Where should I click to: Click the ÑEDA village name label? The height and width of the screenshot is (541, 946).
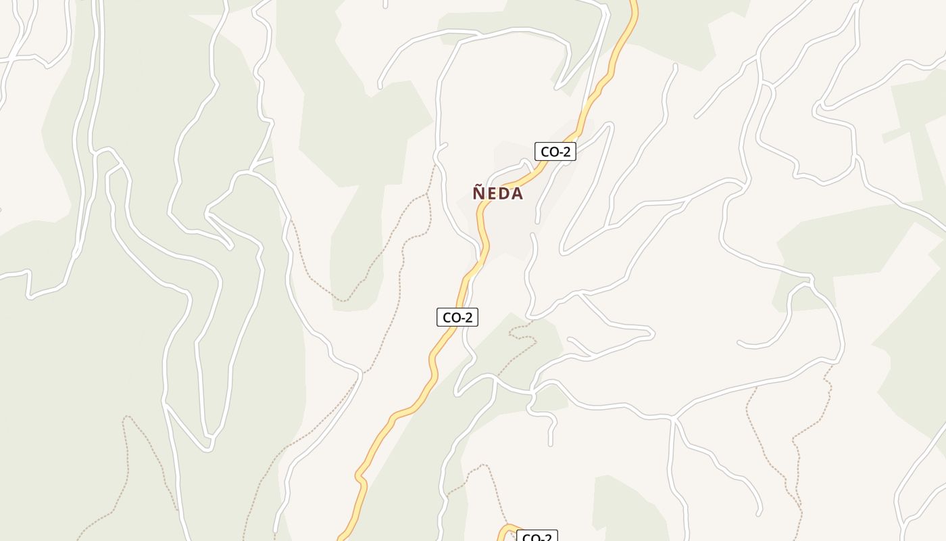coord(497,193)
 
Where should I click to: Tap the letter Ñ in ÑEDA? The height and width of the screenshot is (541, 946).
coord(478,193)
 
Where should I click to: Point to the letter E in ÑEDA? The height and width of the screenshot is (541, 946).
coord(491,194)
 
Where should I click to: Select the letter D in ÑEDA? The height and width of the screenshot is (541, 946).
coord(503,194)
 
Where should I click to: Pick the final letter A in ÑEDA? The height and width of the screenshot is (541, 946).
coord(516,194)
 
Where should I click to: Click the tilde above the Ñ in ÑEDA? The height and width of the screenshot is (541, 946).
coord(478,185)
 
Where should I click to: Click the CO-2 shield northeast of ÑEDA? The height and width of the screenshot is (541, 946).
coord(555,151)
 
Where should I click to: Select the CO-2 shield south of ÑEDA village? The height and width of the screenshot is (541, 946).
coord(457,316)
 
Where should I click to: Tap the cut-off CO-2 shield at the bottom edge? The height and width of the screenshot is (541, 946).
coord(537,536)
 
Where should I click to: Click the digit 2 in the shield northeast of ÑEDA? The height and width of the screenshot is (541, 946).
coord(566,151)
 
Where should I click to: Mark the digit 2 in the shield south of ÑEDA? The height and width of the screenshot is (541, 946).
coord(468,316)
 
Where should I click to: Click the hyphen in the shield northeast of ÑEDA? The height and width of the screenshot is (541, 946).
coord(559,152)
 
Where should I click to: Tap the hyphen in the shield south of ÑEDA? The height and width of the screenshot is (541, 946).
coord(462,317)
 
